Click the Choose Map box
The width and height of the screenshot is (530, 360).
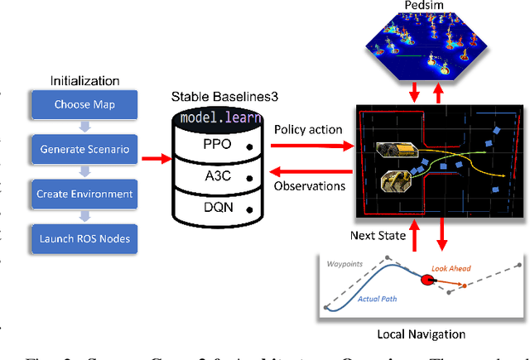(x=84, y=105)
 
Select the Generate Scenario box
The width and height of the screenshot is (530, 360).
(x=84, y=149)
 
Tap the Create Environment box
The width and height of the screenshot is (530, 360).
(x=84, y=194)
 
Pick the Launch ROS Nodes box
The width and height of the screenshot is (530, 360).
(x=84, y=238)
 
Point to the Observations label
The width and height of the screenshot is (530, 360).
(x=310, y=186)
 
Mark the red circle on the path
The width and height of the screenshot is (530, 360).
(x=428, y=281)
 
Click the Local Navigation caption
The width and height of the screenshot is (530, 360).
(x=422, y=334)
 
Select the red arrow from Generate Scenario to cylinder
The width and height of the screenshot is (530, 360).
(x=152, y=154)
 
